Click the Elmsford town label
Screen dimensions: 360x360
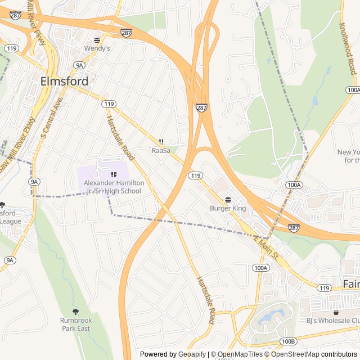(x=64, y=81)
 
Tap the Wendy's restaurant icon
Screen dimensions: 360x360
(x=97, y=40)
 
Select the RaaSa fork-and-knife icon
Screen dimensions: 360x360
(x=161, y=142)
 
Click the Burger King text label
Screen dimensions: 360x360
(x=228, y=209)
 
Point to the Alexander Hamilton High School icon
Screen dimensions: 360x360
(x=114, y=174)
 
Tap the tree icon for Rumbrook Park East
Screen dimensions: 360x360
(x=75, y=311)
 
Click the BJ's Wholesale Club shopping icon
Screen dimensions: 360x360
(x=336, y=312)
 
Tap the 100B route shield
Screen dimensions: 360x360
(x=289, y=341)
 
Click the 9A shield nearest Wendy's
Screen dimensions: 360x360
(x=80, y=65)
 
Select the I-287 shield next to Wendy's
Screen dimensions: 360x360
(x=127, y=33)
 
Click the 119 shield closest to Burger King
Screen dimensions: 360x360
(x=195, y=175)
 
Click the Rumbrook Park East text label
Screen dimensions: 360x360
(x=75, y=324)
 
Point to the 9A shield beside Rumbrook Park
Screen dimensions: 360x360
(x=10, y=260)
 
